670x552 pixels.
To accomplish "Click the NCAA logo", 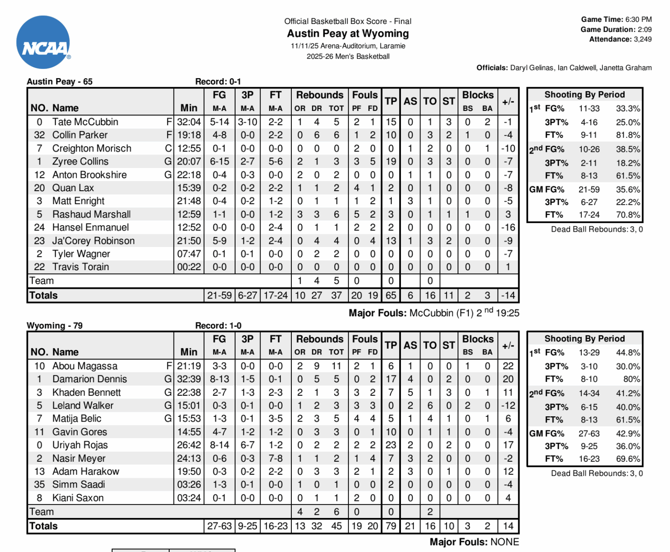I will tap(43, 43).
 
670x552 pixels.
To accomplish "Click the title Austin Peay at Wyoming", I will tap(348, 34).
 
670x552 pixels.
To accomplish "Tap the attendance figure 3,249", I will tap(643, 39).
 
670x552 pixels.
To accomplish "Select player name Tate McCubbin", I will tap(85, 122).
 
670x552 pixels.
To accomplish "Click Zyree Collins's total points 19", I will tap(391, 161).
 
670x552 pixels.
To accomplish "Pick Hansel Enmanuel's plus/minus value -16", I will tap(508, 227).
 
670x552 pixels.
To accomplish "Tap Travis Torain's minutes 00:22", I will tap(189, 267).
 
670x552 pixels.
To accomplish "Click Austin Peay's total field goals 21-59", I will tap(219, 295).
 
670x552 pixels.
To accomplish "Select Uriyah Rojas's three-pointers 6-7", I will tap(247, 445).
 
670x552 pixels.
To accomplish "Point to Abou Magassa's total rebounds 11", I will tap(336, 366).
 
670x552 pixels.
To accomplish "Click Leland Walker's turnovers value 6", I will tap(430, 405).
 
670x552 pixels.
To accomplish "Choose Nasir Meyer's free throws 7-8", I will tap(275, 458).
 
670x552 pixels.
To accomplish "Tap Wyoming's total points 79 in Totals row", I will tap(391, 526).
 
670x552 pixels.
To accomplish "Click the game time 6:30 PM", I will tap(638, 19).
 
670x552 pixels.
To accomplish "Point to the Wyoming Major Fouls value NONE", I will tap(505, 542).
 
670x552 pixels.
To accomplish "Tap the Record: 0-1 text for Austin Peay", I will tap(218, 82).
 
